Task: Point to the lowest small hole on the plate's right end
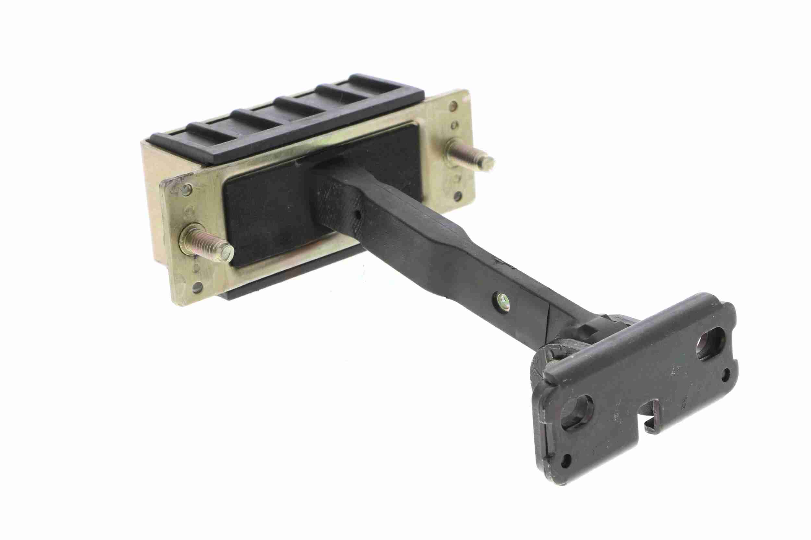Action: [x=458, y=196]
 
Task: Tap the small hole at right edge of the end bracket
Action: [x=727, y=382]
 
